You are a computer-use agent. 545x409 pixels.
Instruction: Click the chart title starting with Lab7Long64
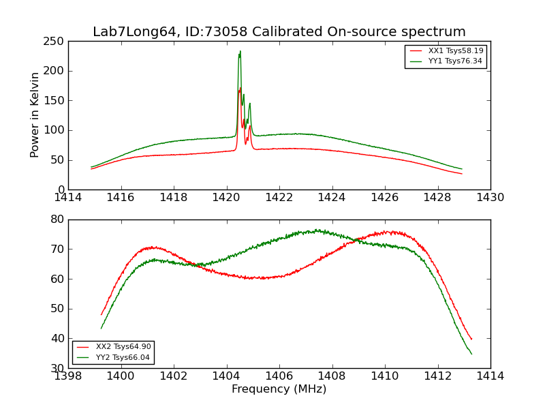279,32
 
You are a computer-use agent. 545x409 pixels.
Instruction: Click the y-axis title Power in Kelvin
35,115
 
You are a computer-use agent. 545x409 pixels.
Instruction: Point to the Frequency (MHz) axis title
279,389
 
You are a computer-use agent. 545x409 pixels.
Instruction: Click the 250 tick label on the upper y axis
55,42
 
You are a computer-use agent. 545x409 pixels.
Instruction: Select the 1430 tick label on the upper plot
490,198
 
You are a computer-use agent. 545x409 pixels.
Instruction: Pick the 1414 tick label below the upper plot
69,198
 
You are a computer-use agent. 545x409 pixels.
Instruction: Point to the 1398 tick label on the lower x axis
69,376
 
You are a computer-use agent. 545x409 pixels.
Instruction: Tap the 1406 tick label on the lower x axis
279,376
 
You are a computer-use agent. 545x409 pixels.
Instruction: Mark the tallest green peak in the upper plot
240,51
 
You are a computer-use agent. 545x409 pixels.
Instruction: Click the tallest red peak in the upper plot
240,88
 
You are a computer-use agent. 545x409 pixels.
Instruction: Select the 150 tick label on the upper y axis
55,101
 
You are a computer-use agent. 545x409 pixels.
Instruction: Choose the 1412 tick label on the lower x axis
437,376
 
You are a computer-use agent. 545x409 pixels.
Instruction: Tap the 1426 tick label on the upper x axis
385,198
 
